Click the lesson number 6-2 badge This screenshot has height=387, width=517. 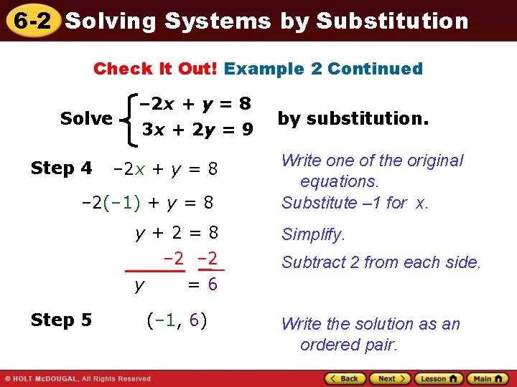[30, 21]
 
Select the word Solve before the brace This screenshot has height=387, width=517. [86, 118]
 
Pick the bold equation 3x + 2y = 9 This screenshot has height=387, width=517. [197, 130]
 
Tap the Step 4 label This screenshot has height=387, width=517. [61, 169]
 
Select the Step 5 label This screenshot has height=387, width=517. [61, 320]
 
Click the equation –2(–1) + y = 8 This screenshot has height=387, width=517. [148, 203]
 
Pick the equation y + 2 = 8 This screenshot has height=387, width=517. [177, 234]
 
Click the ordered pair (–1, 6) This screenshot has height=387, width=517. [177, 320]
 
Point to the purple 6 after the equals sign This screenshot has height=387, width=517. [212, 285]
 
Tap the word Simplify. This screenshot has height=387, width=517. [313, 234]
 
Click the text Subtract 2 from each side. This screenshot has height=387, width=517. [381, 262]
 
